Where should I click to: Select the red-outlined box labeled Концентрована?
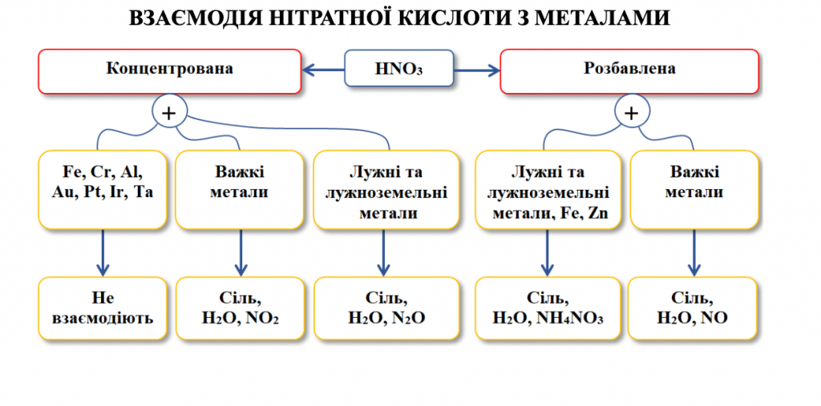point(170,70)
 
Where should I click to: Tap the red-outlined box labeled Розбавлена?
point(629,70)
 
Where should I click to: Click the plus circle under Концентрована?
point(168,113)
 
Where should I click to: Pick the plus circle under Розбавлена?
point(631,113)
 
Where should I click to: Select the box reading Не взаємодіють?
point(102,308)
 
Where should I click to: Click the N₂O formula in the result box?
point(407,318)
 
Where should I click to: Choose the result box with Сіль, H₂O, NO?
point(693,308)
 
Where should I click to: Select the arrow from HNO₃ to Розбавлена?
point(476,70)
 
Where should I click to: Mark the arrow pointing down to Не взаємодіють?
point(102,251)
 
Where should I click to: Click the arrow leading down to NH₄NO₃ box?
point(548,251)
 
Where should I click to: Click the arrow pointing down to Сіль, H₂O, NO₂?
point(240,251)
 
